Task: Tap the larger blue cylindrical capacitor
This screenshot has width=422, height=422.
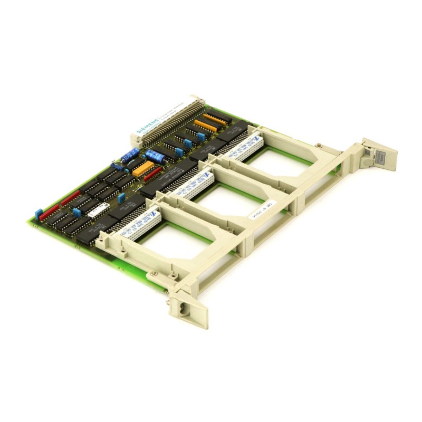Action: click(x=155, y=156)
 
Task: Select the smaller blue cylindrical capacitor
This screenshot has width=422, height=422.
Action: click(x=130, y=154)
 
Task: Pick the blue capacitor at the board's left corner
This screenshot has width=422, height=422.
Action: click(x=39, y=214)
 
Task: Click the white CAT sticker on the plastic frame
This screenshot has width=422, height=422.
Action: click(x=262, y=212)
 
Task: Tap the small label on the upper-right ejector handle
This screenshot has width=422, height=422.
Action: click(x=379, y=156)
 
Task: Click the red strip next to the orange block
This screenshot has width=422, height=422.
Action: click(x=154, y=174)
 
